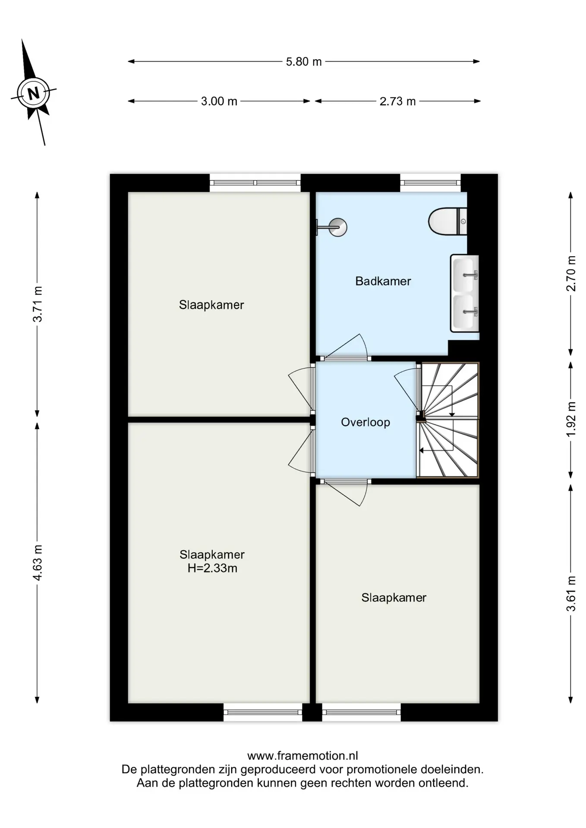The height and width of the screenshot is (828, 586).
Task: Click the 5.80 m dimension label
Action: [304, 62]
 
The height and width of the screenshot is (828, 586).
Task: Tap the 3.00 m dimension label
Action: [219, 101]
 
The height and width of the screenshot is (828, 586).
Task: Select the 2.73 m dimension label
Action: [397, 101]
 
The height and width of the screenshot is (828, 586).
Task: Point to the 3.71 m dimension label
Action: [38, 304]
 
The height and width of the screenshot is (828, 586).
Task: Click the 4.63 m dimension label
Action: [38, 563]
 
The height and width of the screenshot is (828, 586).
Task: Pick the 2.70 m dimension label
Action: [571, 273]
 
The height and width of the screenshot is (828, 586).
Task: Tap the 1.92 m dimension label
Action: [571, 419]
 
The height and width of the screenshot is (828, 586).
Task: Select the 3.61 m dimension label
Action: [571, 593]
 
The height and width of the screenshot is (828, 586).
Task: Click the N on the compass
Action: [33, 93]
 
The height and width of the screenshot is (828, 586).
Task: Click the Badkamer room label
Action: [383, 281]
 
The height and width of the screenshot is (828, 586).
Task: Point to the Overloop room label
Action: [365, 422]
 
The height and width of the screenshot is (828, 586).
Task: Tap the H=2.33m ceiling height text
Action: [212, 568]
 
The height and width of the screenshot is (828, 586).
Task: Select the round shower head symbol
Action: [337, 227]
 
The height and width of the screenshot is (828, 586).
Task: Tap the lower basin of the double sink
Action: [465, 311]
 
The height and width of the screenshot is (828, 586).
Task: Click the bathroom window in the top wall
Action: [430, 183]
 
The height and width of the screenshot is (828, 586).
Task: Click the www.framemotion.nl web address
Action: [302, 756]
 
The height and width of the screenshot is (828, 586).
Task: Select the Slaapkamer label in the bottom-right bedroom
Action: [394, 598]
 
